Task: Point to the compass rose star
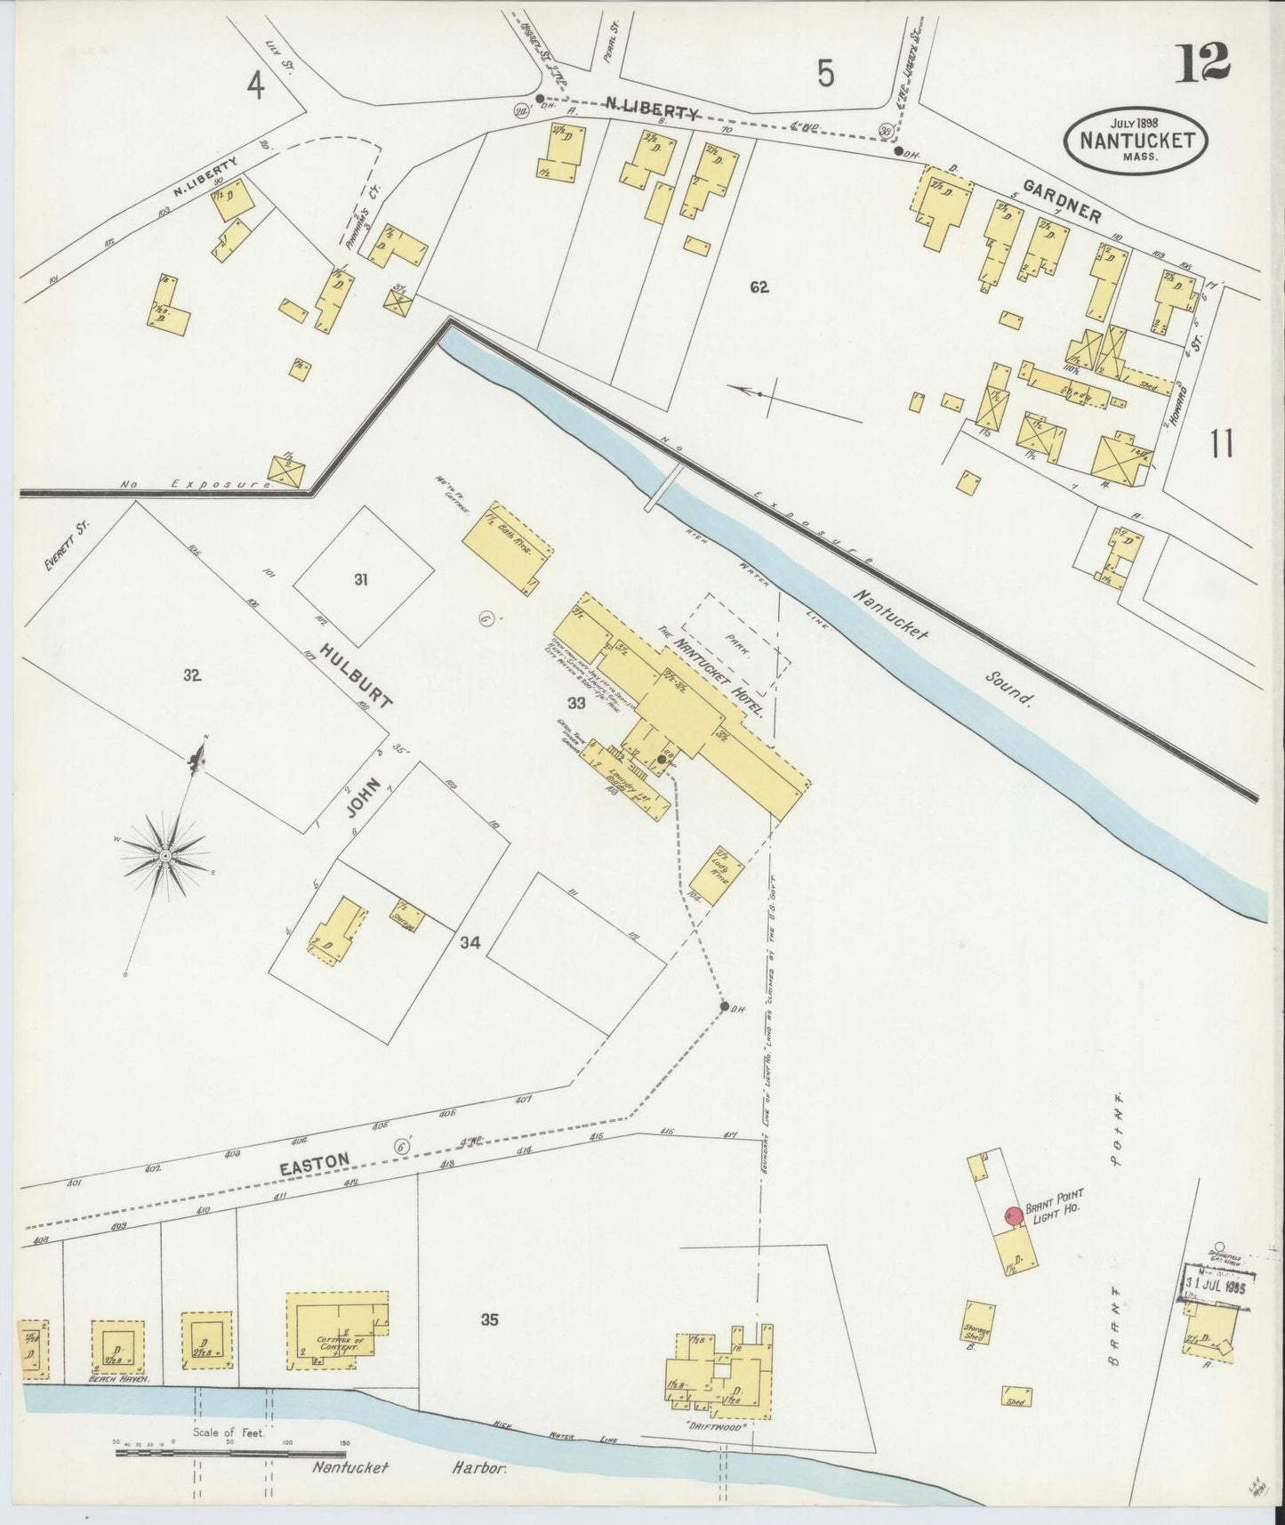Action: [165, 855]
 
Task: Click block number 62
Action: [759, 286]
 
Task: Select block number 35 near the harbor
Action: [489, 1319]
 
